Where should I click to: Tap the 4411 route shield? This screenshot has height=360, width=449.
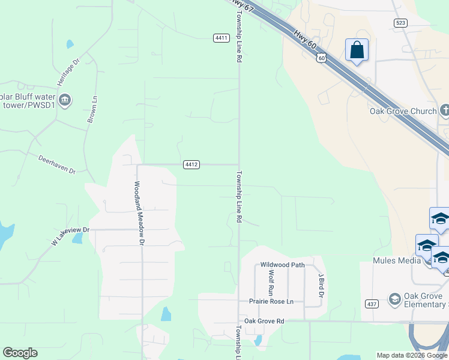(221, 38)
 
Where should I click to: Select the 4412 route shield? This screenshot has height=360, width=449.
(191, 164)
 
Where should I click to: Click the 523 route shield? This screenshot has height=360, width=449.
(401, 23)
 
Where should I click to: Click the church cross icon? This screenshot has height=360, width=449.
(444, 110)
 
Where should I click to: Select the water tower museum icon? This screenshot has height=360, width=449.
(65, 100)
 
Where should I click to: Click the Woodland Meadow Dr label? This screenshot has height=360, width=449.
(140, 213)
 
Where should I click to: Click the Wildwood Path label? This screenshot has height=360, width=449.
(283, 265)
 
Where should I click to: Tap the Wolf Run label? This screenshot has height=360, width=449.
(271, 283)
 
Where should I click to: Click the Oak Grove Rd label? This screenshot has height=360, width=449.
(263, 321)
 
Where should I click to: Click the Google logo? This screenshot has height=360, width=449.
(20, 353)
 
